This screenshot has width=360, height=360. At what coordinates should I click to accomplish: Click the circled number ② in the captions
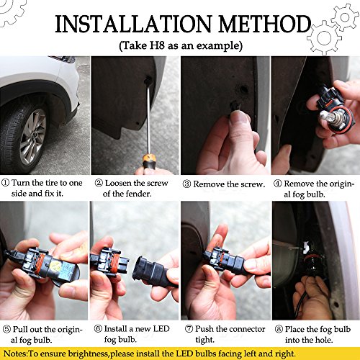(99, 183)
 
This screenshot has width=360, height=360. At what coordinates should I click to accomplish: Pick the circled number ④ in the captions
(276, 183)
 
